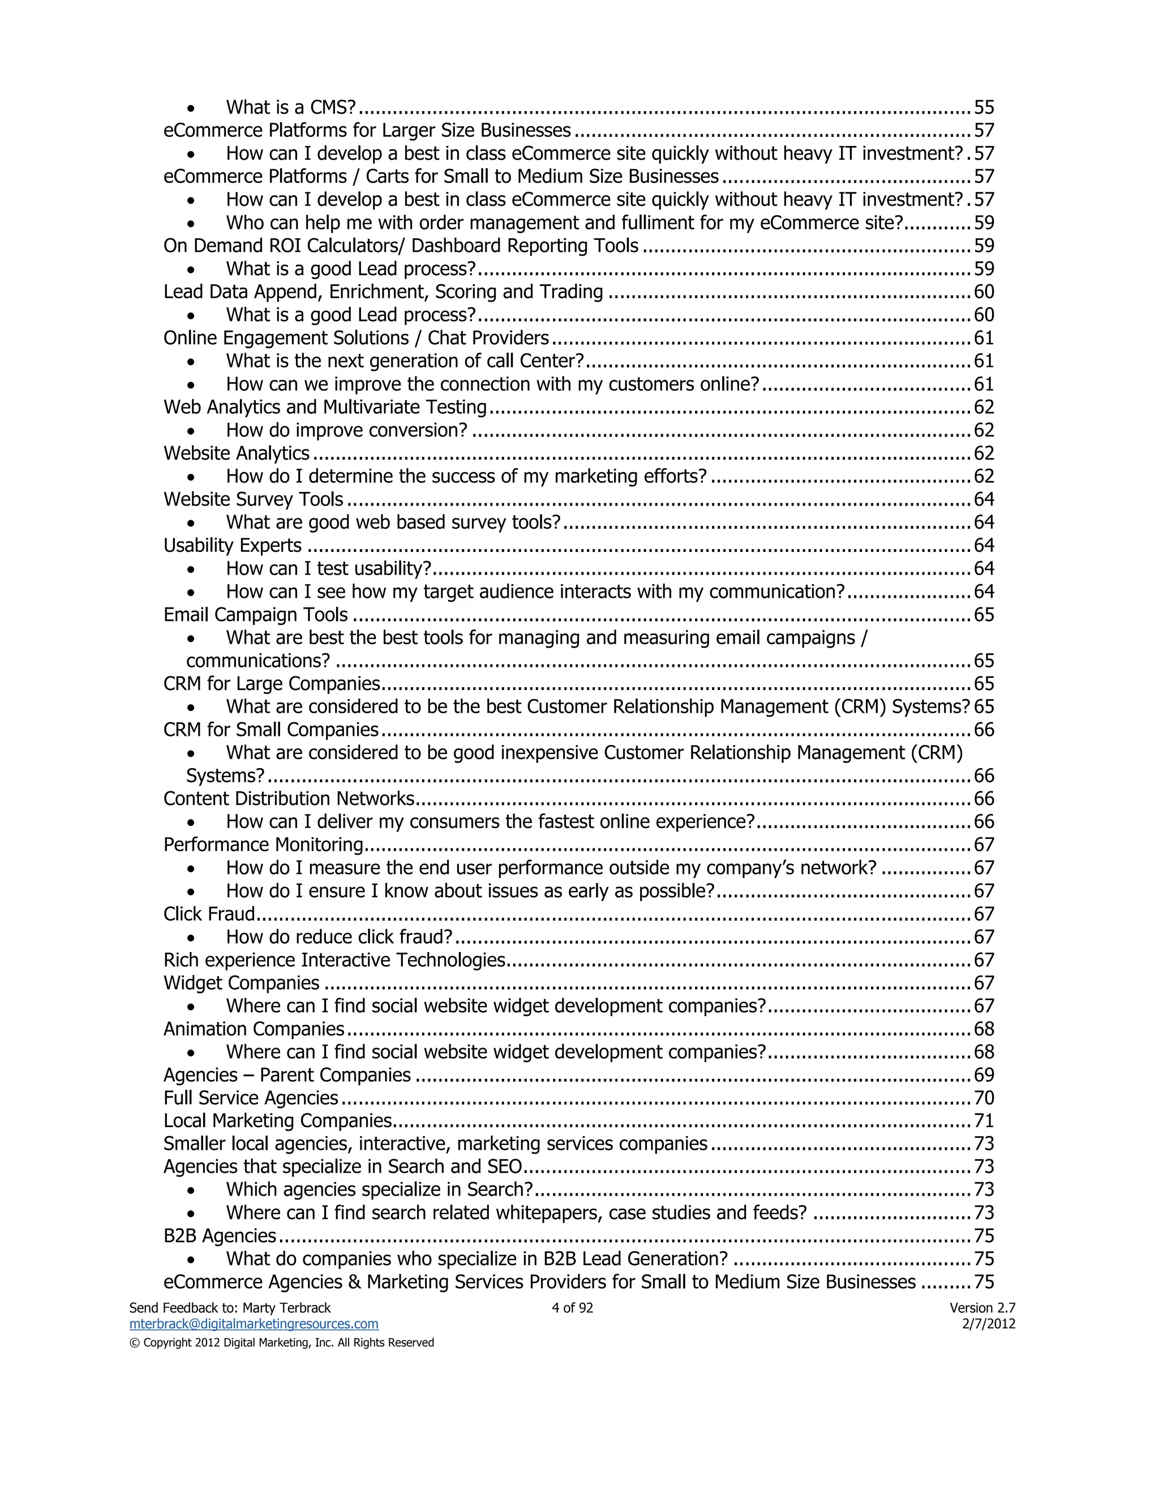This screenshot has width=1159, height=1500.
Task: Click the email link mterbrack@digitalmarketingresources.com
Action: tap(254, 1323)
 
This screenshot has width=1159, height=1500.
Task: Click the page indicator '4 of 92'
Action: tap(572, 1308)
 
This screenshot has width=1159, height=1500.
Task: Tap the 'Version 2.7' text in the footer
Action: tap(982, 1308)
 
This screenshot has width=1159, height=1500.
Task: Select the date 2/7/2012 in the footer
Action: tap(989, 1323)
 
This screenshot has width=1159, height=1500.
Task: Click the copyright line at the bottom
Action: tap(281, 1342)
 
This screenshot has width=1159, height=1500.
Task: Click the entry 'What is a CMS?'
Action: tap(291, 107)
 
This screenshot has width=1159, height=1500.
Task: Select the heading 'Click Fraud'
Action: tap(209, 914)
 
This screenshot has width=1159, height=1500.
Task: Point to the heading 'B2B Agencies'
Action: tap(220, 1236)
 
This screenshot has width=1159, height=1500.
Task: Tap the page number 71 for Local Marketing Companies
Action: tap(984, 1120)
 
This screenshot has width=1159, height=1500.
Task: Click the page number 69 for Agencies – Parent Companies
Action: tap(984, 1074)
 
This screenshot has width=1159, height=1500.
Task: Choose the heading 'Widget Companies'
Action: tap(241, 983)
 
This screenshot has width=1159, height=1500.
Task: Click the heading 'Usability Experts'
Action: tap(232, 545)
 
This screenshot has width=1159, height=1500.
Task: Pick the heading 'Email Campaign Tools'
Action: tap(255, 614)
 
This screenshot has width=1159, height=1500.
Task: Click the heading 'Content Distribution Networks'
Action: tap(289, 798)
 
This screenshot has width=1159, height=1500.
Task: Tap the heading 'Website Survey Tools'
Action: tap(254, 499)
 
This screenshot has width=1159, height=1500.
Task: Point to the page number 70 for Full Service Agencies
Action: tap(984, 1098)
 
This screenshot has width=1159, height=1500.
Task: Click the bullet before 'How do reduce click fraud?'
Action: tap(192, 938)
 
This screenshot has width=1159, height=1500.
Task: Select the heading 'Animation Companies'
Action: tap(254, 1029)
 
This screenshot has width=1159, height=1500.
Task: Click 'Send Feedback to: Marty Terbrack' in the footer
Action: tap(230, 1308)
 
